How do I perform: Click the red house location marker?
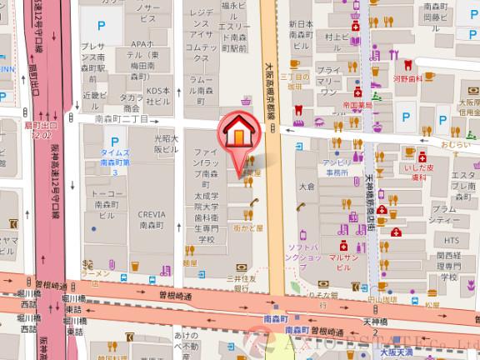(237, 132)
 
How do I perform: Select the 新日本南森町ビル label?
(299, 32)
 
